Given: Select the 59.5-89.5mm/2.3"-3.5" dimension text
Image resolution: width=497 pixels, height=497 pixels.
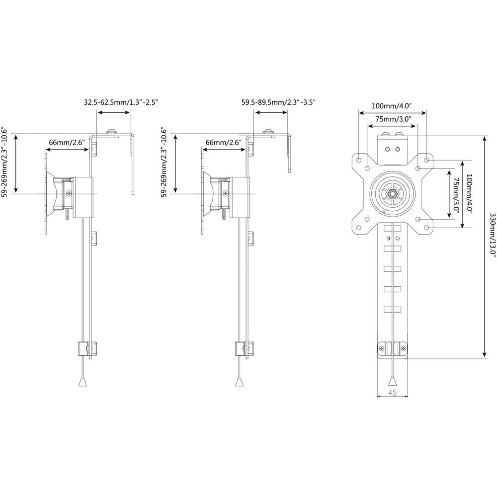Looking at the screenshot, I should click(x=279, y=102).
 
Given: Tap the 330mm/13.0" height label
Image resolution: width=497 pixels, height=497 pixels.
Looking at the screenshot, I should click(x=493, y=234).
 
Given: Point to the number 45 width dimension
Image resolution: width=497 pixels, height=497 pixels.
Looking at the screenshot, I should click(x=392, y=393).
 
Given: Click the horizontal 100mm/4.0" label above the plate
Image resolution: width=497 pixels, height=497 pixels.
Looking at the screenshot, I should click(x=392, y=106).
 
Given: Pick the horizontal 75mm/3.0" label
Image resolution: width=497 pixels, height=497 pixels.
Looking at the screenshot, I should click(x=392, y=119).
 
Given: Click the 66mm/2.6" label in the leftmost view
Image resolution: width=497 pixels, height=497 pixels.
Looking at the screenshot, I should click(x=67, y=143).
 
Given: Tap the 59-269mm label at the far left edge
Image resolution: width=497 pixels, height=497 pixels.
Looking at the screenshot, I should click(x=4, y=164).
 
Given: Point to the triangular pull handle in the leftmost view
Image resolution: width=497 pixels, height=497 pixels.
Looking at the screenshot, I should click(x=83, y=381).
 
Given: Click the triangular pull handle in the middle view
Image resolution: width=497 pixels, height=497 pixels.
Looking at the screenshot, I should click(x=239, y=381).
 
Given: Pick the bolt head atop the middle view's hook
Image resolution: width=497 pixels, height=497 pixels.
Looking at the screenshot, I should click(x=269, y=132).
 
